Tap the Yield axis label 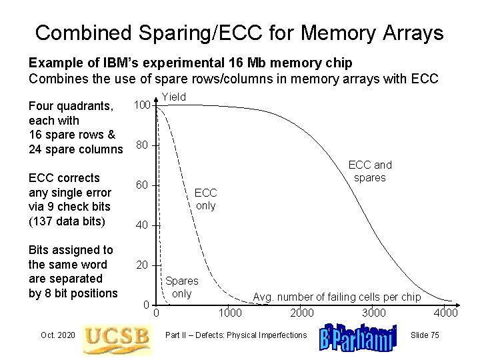tap(175, 97)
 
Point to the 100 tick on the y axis tap(141, 105)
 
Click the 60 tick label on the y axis tap(141, 184)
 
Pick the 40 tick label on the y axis tap(141, 224)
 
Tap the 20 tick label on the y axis tap(141, 264)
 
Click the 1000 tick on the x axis tap(230, 313)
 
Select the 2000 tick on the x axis tap(302, 313)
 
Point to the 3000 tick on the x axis tap(374, 313)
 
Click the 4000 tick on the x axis tap(445, 313)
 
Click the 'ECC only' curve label tap(205, 199)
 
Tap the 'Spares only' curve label tap(181, 287)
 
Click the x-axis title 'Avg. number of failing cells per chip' tap(336, 297)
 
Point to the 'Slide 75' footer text tap(424, 335)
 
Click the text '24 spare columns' tap(75, 148)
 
